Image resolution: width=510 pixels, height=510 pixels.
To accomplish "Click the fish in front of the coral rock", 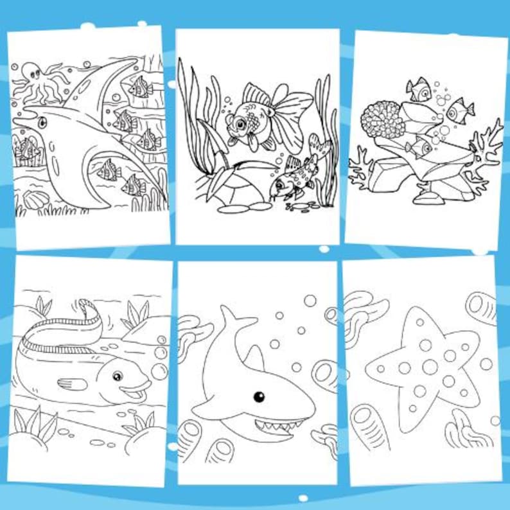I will point(418,146).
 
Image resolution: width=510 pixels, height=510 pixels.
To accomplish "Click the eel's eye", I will point(118,376).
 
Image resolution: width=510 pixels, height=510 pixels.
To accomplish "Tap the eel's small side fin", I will point(73,384).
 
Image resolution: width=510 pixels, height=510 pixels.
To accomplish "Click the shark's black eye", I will point(258,396).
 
